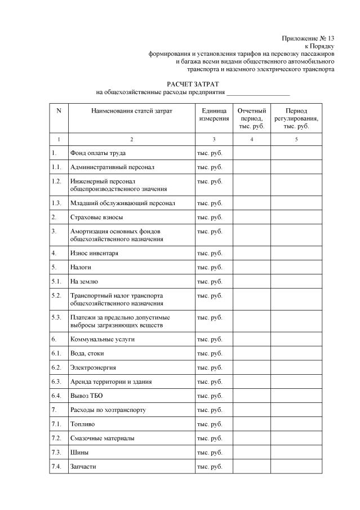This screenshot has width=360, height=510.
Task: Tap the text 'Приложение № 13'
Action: point(308,38)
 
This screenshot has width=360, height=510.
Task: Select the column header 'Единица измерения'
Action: point(214,115)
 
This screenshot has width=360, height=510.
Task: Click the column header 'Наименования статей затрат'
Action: point(131,111)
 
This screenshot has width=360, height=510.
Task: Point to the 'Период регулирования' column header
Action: point(296,119)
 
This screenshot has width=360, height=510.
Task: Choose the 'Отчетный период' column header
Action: point(251,119)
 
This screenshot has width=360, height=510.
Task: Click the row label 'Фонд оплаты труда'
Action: point(97,153)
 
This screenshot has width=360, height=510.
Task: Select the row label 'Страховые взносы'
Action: point(96,216)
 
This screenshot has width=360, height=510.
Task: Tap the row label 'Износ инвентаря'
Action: point(94,253)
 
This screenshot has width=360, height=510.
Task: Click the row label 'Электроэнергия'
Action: point(93,367)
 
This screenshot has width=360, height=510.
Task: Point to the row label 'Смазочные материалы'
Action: point(102,438)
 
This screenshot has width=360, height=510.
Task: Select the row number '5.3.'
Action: point(56,317)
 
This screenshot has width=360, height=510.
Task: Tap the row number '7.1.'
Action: point(56,424)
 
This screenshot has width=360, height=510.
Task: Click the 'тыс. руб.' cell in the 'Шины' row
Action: point(210,453)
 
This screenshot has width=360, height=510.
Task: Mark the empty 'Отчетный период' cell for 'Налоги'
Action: point(251,267)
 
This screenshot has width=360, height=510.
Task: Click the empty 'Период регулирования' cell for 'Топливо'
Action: point(296,424)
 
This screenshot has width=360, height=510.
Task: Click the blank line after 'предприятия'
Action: point(257,92)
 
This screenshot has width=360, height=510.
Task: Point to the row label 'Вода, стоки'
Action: point(87,353)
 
